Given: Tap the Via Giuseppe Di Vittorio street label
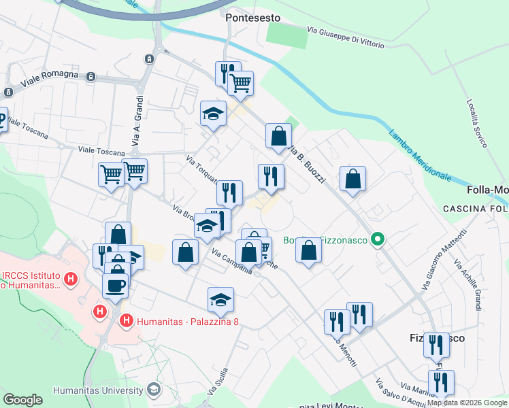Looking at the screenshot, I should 345,37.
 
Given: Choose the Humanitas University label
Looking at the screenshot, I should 99,390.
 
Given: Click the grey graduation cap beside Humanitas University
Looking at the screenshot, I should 154,390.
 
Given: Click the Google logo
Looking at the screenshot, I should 22,400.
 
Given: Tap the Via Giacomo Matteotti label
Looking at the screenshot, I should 443,260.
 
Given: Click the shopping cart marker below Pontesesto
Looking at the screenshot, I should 240,84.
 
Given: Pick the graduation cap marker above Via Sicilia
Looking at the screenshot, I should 220,299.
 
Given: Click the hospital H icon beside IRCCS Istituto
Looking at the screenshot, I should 71,278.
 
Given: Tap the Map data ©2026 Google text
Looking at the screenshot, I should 467,403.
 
